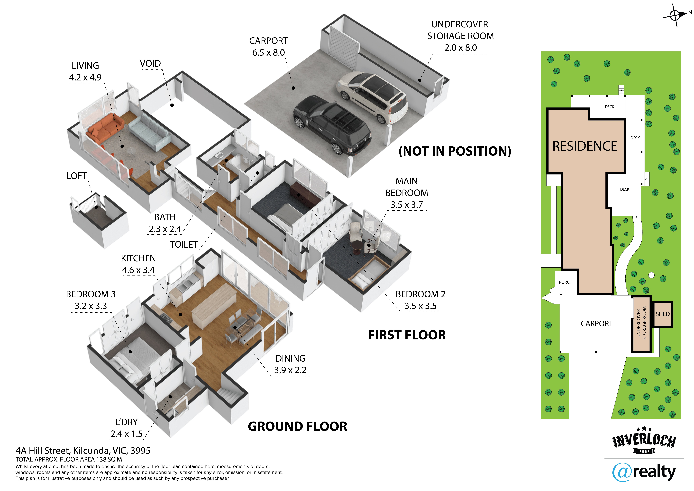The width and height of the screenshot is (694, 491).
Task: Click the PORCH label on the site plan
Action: (566, 282)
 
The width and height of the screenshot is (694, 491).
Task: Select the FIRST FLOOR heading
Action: (407, 335)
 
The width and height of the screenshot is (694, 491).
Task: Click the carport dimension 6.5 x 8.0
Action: (268, 53)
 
